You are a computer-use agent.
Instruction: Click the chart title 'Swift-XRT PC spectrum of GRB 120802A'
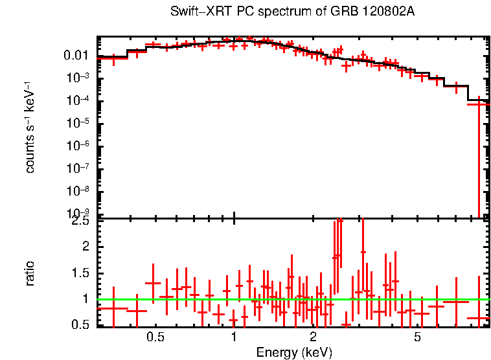coord(293,12)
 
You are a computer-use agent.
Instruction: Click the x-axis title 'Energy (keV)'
coord(294,352)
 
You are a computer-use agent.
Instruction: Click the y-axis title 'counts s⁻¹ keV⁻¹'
coord(30,128)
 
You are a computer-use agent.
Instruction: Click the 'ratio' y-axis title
coord(30,273)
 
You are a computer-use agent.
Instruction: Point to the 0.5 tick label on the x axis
coord(155,337)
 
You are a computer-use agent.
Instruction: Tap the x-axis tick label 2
coord(312,337)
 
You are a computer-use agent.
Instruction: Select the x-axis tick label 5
coord(417,337)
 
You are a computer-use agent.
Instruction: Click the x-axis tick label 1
coord(234,337)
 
